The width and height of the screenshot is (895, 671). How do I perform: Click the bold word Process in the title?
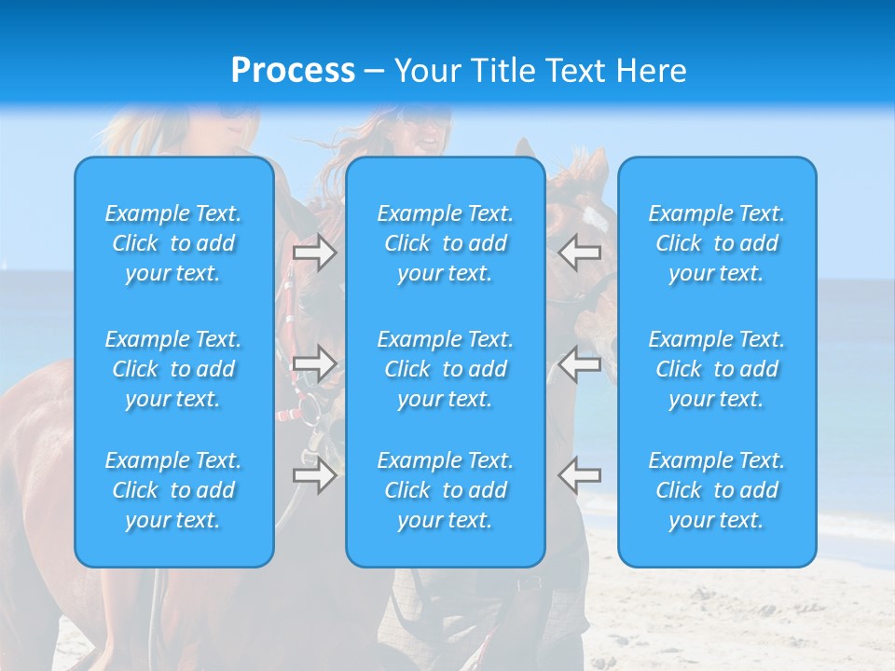pyautogui.click(x=293, y=71)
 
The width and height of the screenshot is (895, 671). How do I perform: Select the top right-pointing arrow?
pyautogui.click(x=314, y=253)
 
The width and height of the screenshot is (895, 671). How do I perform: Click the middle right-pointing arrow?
pyautogui.click(x=314, y=363)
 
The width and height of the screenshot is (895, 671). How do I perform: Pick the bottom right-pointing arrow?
pyautogui.click(x=314, y=474)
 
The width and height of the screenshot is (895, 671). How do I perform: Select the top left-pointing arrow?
pyautogui.click(x=580, y=252)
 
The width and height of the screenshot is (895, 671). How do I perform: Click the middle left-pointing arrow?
pyautogui.click(x=580, y=363)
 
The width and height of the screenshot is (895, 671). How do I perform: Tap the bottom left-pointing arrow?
pyautogui.click(x=580, y=474)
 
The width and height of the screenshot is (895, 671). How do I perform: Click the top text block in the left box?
pyautogui.click(x=173, y=243)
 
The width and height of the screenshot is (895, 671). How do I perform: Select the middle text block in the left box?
pyautogui.click(x=173, y=369)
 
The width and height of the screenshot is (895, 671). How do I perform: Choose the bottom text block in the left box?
pyautogui.click(x=173, y=490)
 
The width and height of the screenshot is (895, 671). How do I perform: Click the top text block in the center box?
pyautogui.click(x=446, y=243)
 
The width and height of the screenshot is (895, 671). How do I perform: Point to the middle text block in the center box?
pyautogui.click(x=446, y=369)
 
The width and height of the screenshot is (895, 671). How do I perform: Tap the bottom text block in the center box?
pyautogui.click(x=446, y=490)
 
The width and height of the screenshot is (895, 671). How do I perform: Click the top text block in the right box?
pyautogui.click(x=717, y=243)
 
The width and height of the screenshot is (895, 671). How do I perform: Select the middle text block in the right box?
pyautogui.click(x=717, y=369)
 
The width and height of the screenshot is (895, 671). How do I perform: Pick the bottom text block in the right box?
pyautogui.click(x=717, y=490)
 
